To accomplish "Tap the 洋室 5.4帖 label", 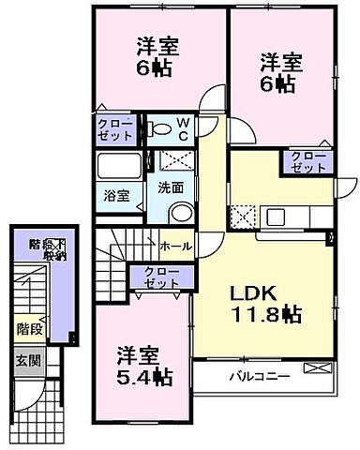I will coord(143,367).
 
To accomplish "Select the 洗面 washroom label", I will coord(169,187).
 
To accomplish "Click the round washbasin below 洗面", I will coord(184,210).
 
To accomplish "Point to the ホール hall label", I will coord(176,247).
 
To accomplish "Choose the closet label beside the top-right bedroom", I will coord(308,161).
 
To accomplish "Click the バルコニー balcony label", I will coord(260,378).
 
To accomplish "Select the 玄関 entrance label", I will coord(27,360).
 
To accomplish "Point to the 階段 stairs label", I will coord(28,329).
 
